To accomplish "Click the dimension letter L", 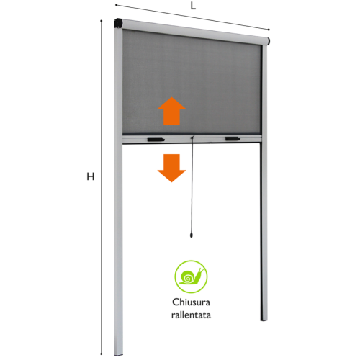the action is pyautogui.click(x=193, y=6).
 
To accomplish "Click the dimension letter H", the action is pyautogui.click(x=90, y=176).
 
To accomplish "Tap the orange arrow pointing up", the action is pyautogui.click(x=171, y=111).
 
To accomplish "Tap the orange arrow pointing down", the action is pyautogui.click(x=171, y=168).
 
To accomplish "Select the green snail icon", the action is pyautogui.click(x=191, y=276).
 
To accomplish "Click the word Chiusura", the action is pyautogui.click(x=191, y=302).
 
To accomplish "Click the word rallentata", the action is pyautogui.click(x=191, y=315).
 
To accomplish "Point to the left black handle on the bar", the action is pyautogui.click(x=156, y=140).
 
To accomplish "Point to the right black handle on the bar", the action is pyautogui.click(x=233, y=139).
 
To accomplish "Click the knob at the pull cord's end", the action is pyautogui.click(x=192, y=235).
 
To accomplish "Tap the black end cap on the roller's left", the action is pyautogui.click(x=118, y=23).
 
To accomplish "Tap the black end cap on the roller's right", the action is pyautogui.click(x=269, y=41).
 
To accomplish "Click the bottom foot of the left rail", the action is pyautogui.click(x=118, y=353).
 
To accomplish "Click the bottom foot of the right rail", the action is pyautogui.click(x=264, y=319).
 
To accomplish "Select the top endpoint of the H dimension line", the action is pyautogui.click(x=102, y=21).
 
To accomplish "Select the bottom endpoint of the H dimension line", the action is pyautogui.click(x=102, y=354).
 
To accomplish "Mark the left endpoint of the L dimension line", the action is pyautogui.click(x=116, y=5).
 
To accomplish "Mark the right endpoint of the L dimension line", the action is pyautogui.click(x=269, y=30).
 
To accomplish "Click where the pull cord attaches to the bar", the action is pyautogui.click(x=192, y=138).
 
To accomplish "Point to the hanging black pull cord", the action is pyautogui.click(x=192, y=186).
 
